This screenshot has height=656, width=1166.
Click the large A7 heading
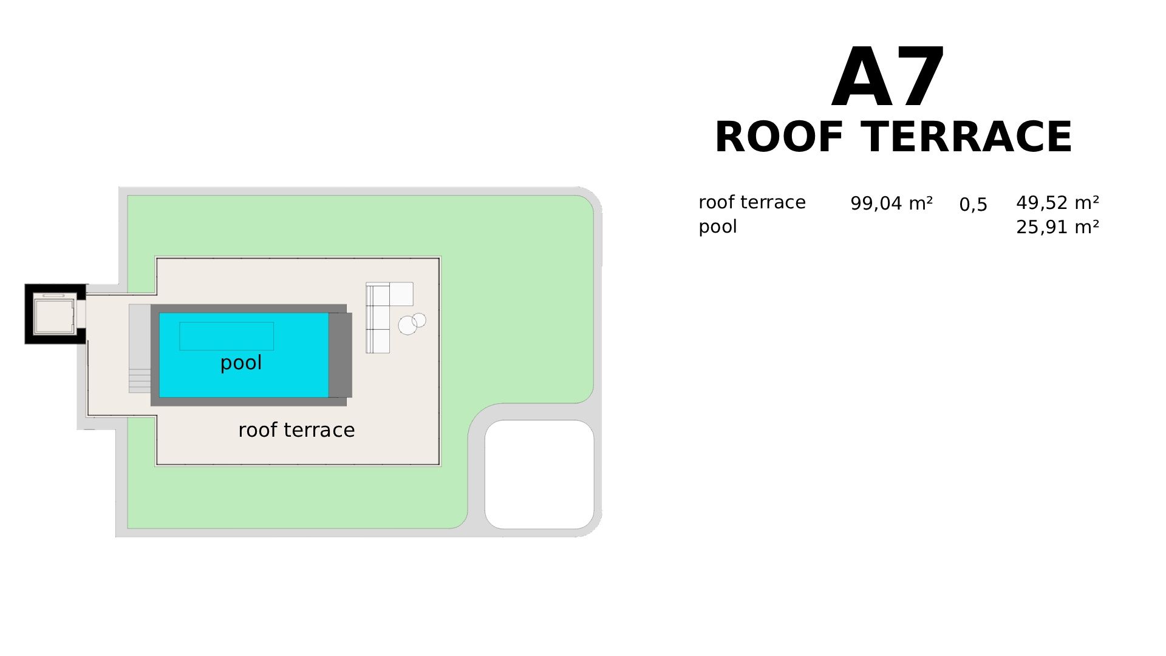point(888,78)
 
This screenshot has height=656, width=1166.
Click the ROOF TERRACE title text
point(893,137)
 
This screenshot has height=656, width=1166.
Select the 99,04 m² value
point(891,203)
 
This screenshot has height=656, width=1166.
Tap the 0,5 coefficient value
point(973,205)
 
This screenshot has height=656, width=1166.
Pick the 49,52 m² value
point(1057,202)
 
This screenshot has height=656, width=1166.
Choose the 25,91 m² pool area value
point(1057,227)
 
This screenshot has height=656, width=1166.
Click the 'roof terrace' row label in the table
point(752,202)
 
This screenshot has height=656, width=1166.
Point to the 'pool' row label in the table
point(717,227)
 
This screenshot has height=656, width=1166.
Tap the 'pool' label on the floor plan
point(241,363)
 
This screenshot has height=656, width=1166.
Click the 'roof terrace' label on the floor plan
point(296,430)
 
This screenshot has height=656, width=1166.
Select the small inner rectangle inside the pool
point(227,336)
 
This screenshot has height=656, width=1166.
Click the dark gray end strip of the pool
point(340,355)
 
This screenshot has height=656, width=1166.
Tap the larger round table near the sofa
point(407,326)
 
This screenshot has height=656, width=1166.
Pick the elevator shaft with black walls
point(55,314)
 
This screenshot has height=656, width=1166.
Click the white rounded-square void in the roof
point(539,474)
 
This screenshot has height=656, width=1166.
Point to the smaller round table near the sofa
point(420,319)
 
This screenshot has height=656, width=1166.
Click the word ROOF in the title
point(779,137)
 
